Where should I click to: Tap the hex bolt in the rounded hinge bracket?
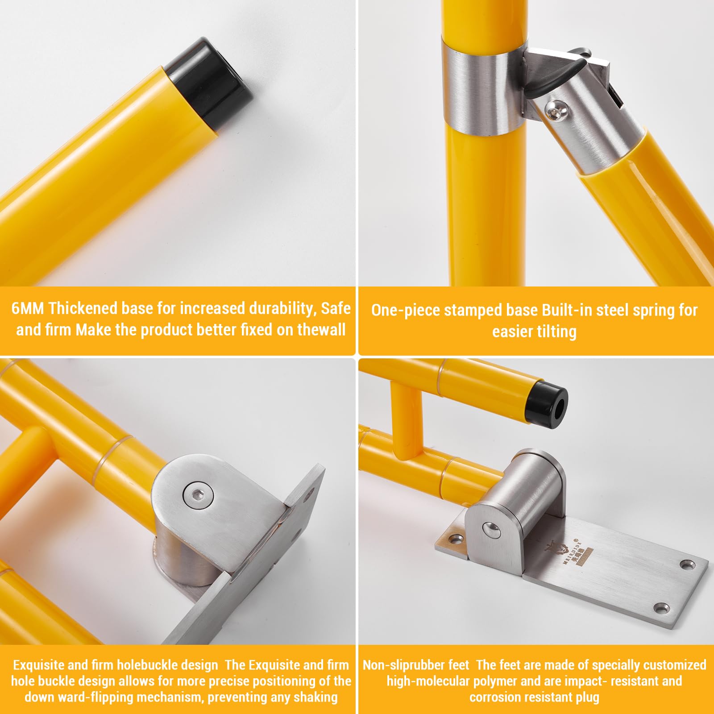pyautogui.click(x=198, y=494)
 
